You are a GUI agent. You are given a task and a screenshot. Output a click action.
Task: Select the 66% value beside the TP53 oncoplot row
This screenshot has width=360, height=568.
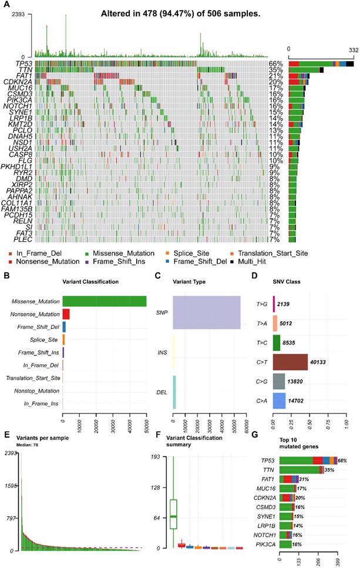(x=277, y=63)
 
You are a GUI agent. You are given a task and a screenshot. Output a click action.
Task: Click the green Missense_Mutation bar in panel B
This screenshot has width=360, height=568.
(x=104, y=301)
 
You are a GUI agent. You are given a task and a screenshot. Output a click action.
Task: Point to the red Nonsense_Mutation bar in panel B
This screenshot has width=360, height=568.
(x=66, y=314)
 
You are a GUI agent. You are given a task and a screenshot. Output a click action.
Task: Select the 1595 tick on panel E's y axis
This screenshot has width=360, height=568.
(x=11, y=487)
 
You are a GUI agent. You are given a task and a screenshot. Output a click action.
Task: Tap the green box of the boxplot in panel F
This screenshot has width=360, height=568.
(x=174, y=513)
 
